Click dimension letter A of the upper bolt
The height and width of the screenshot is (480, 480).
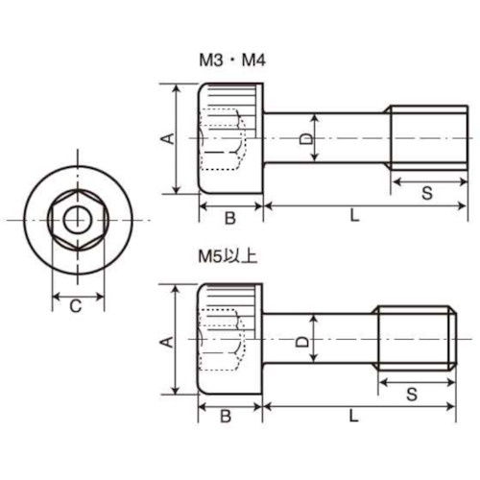tap(166, 139)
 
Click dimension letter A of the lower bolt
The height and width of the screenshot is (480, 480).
tap(166, 341)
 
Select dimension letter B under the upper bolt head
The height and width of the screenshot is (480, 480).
tap(229, 218)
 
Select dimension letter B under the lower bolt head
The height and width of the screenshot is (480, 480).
tap(227, 416)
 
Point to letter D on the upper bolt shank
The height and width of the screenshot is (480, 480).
tap(306, 138)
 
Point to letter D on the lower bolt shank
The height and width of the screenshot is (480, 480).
tap(301, 341)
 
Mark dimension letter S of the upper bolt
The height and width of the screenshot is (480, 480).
tap(426, 193)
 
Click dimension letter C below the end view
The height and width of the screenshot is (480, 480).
tap(75, 307)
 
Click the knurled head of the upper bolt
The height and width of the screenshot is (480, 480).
tap(230, 138)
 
